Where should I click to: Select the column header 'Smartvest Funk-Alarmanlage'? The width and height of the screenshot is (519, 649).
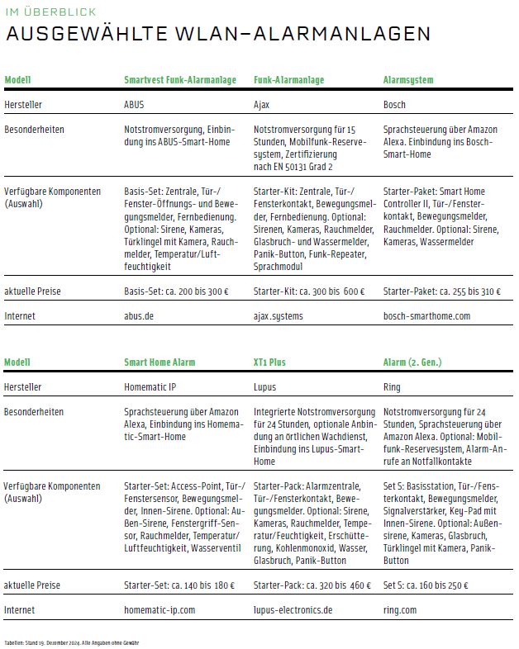(x=179, y=80)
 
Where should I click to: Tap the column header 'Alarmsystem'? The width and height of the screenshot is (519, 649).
(x=408, y=80)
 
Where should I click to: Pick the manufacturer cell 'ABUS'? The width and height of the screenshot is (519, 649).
(x=134, y=106)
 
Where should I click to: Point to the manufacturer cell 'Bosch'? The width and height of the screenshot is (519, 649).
(x=395, y=106)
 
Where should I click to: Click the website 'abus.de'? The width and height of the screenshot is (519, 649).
(x=139, y=316)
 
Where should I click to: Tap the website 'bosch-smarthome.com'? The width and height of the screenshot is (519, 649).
(x=426, y=316)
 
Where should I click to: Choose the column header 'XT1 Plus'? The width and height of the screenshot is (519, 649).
(x=269, y=362)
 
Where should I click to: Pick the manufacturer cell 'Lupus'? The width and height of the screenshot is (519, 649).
(x=265, y=386)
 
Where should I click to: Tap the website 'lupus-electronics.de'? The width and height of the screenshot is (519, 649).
(x=293, y=610)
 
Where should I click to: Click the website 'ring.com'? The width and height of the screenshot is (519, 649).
(x=400, y=610)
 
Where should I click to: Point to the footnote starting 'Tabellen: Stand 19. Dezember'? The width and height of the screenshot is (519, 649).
(x=72, y=642)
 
